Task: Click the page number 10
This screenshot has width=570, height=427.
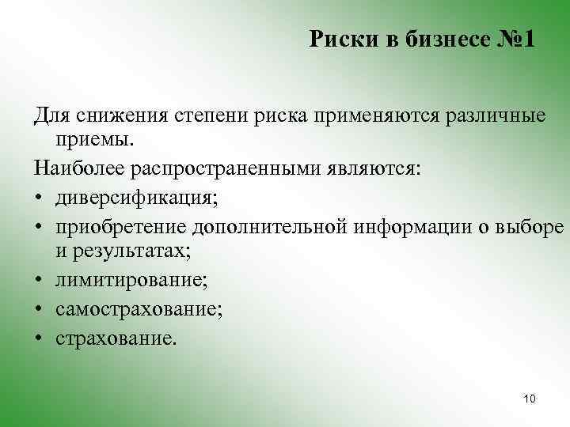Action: (x=530, y=399)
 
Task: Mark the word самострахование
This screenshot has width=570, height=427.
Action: (x=139, y=309)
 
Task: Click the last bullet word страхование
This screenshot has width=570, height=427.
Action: (x=117, y=338)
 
